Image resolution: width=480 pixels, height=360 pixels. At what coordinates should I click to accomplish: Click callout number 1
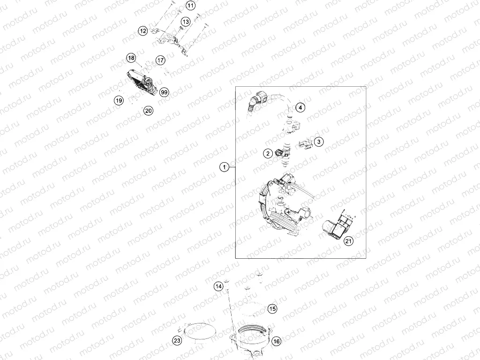(x=225, y=167)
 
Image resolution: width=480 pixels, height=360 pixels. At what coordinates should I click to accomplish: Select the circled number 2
(x=268, y=153)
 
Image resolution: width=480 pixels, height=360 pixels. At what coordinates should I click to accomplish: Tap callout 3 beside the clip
(x=319, y=142)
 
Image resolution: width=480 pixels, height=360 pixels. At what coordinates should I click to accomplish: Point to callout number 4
(x=300, y=107)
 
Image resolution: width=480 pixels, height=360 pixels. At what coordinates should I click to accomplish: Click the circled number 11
(x=190, y=6)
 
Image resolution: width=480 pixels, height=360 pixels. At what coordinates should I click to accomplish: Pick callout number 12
(x=142, y=31)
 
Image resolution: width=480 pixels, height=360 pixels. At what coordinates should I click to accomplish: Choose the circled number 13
(x=186, y=22)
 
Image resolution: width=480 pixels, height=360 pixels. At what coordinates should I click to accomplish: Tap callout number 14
(x=218, y=286)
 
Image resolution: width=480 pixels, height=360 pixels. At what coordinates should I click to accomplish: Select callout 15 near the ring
(x=272, y=308)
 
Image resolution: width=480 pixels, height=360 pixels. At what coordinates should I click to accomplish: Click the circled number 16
(x=276, y=341)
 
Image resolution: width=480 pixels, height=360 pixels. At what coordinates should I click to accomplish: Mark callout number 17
(x=160, y=60)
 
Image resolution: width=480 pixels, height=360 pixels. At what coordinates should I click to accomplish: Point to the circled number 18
(x=131, y=58)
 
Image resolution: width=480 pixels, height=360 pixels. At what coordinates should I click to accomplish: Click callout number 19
(x=119, y=100)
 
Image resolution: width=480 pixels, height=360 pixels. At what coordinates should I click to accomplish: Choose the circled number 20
(x=148, y=111)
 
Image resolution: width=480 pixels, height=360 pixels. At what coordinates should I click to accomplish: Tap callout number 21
(x=348, y=241)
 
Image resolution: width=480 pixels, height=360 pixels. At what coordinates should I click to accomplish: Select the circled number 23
(x=177, y=340)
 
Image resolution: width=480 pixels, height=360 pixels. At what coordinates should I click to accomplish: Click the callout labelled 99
(x=164, y=92)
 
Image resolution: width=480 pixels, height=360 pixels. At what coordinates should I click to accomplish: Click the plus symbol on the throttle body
(x=288, y=211)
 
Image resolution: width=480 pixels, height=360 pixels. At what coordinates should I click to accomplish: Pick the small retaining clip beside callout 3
(x=305, y=143)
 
